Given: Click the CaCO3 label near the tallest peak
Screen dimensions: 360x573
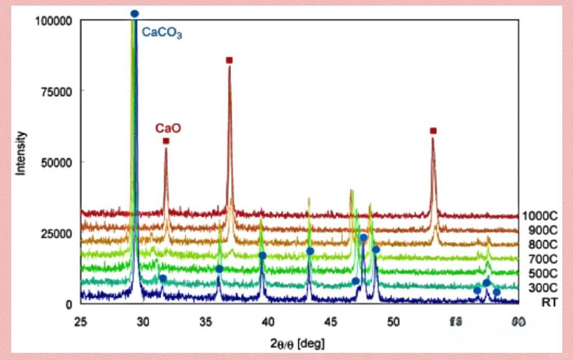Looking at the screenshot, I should pos(162,34).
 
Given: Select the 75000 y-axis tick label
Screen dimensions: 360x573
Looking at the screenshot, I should pos(56,91).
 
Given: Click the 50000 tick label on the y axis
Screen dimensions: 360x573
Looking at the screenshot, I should pos(56,162).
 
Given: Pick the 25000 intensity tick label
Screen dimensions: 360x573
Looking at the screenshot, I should pos(56,233).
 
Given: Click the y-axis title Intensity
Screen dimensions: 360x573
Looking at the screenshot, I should pos(21,153).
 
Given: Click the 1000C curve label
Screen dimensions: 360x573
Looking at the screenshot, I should pos(539,216).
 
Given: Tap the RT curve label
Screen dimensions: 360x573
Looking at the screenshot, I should pos(550,303).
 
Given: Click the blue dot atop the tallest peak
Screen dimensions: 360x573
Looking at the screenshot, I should pos(135,14).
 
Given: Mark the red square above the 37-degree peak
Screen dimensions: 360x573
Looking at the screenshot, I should pos(229,60).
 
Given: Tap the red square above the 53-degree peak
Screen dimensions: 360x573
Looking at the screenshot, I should pos(433,131).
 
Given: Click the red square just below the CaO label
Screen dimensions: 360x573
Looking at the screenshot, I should pos(166,141).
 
